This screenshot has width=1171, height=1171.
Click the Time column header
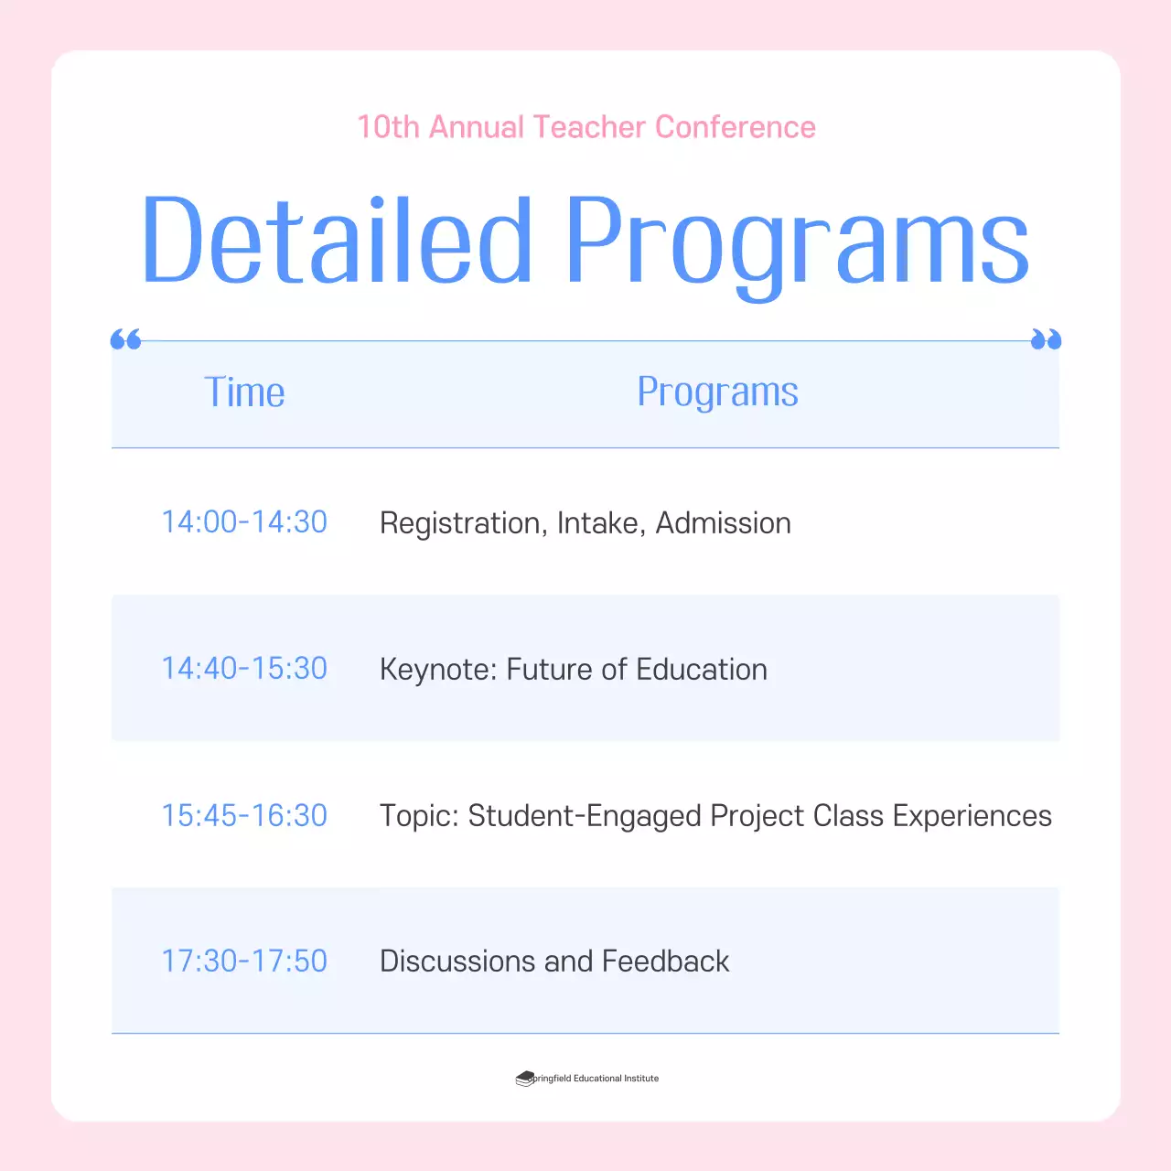(244, 392)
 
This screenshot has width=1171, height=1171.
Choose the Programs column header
(717, 392)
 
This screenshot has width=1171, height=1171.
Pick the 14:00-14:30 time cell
(244, 521)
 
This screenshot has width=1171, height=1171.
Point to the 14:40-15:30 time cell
(244, 669)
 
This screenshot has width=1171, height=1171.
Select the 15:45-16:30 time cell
(244, 815)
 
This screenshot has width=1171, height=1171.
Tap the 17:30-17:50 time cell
(244, 961)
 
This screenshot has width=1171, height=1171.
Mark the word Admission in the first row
(723, 523)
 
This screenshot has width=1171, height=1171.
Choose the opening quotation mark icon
(125, 340)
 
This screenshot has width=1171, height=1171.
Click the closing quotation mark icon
(1046, 340)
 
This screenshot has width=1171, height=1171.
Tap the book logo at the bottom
(524, 1079)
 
